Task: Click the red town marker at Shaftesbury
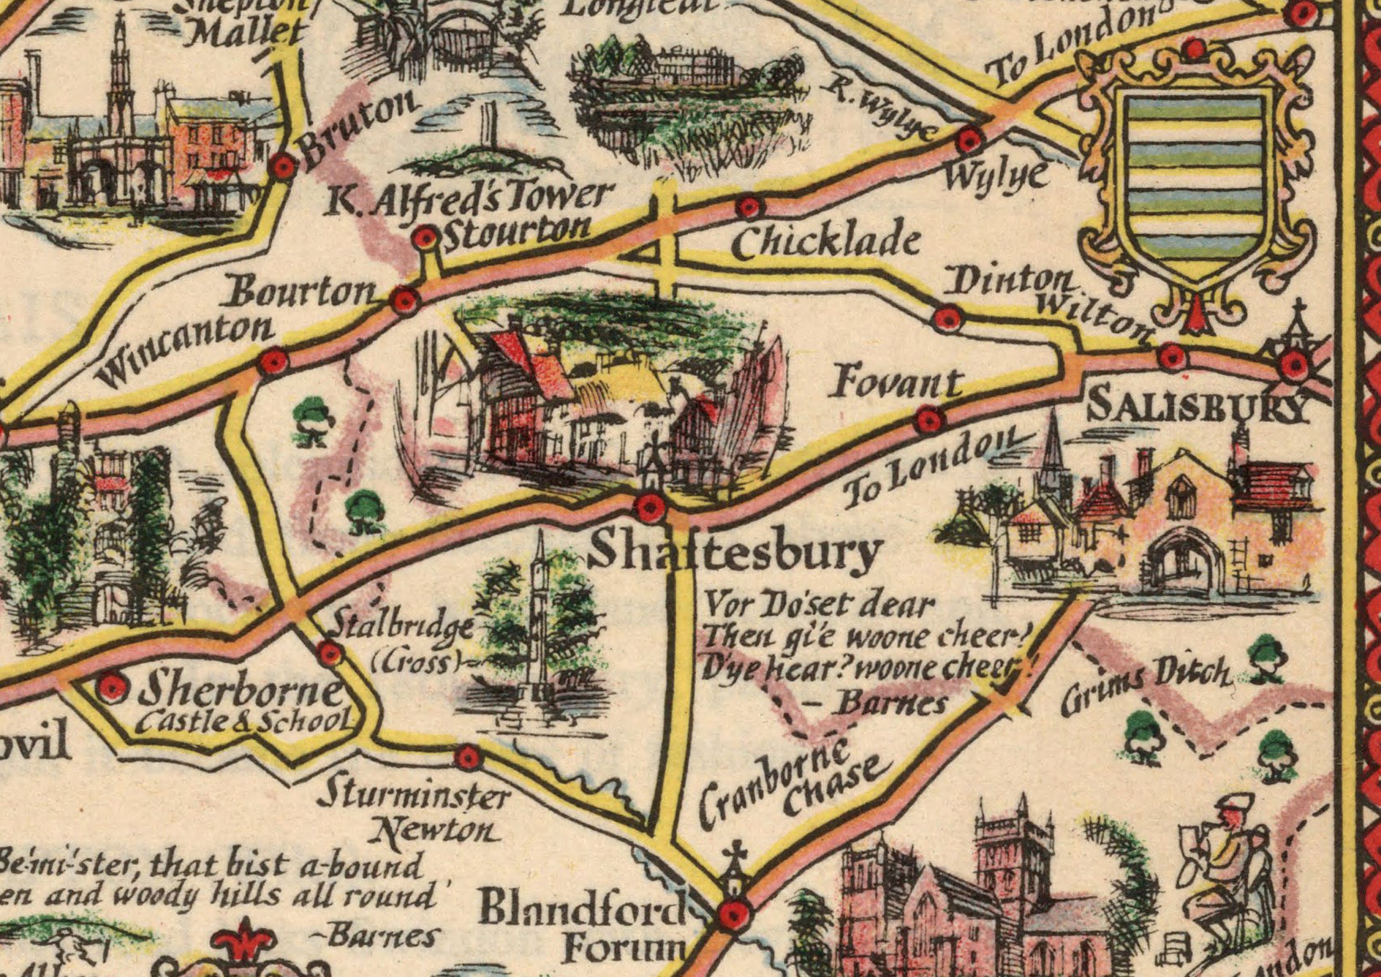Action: (650, 506)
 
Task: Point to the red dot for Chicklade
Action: (748, 208)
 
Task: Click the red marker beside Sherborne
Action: (113, 686)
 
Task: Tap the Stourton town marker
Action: (426, 238)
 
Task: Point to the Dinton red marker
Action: (949, 318)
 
